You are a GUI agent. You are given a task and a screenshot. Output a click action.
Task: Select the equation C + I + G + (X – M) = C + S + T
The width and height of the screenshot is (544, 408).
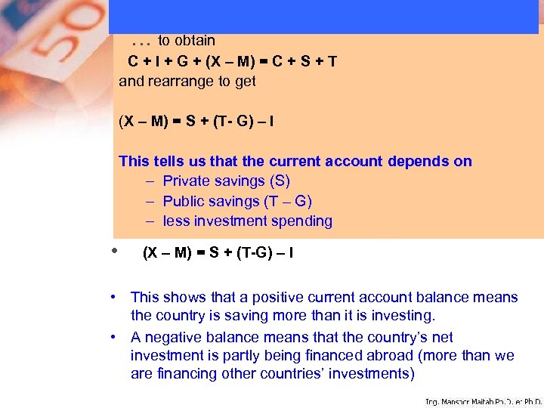232,61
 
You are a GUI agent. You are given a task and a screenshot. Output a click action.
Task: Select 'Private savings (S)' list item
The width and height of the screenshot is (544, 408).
226,181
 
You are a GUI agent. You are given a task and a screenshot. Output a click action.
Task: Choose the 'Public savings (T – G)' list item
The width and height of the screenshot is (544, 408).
236,201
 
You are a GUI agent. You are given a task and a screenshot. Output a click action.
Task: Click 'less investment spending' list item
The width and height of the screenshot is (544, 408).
247,221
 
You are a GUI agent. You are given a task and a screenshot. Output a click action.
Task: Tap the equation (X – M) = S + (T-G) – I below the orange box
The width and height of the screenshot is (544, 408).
218,253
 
